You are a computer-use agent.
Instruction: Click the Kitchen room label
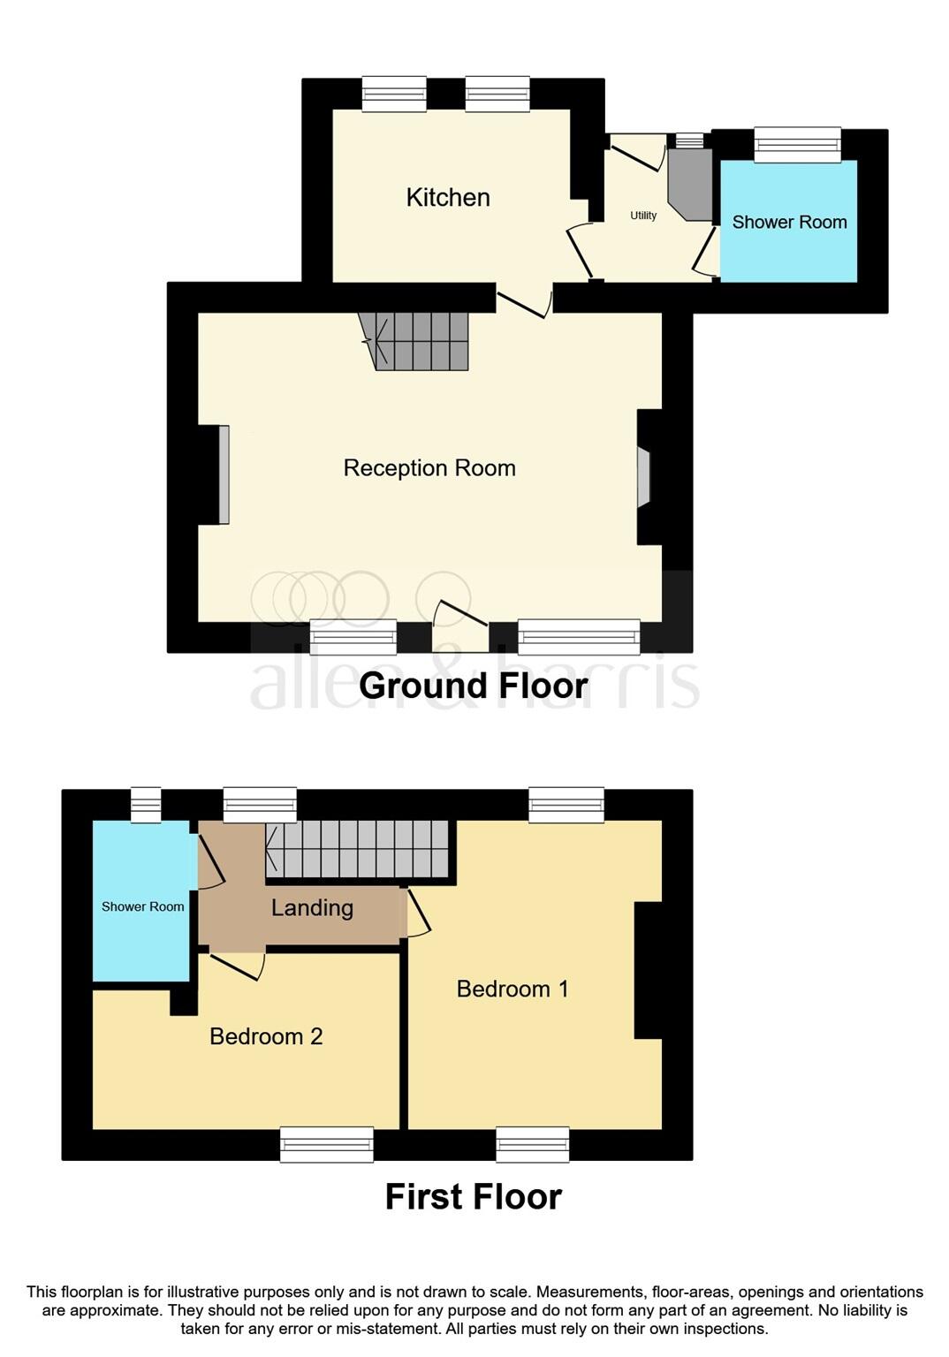[x=447, y=197]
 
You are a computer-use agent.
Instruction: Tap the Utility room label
[x=642, y=216]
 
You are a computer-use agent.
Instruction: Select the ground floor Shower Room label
[x=789, y=222]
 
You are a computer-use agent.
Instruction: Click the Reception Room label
[x=429, y=467]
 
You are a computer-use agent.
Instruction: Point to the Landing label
[x=312, y=907]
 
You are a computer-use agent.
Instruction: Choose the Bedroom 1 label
[x=512, y=989]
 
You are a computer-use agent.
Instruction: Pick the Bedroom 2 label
[x=266, y=1036]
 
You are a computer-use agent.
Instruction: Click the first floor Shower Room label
[x=142, y=906]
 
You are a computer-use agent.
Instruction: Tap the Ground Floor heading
[x=473, y=686]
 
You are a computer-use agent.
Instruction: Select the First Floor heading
[x=473, y=1196]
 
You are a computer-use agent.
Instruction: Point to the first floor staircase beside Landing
[x=358, y=849]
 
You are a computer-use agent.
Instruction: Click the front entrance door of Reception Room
[x=460, y=624]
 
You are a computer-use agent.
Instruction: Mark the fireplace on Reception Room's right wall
[x=643, y=477]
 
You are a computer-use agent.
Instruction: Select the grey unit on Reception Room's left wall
[x=224, y=475]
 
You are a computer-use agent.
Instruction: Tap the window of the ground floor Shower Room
[x=797, y=145]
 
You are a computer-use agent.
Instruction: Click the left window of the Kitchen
[x=394, y=94]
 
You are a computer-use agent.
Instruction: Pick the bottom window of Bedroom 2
[x=327, y=1144]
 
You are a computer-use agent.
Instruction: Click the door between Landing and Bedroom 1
[x=416, y=914]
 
